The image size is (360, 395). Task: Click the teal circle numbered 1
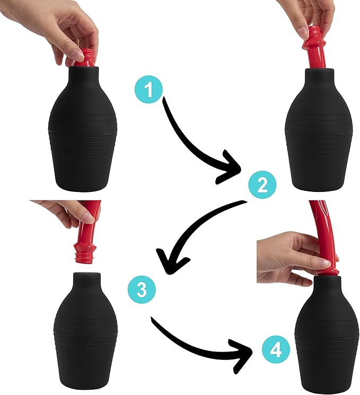[148, 90]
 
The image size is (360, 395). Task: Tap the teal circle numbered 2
[262, 185]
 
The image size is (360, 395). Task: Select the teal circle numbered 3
[142, 289]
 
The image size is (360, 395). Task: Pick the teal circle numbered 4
[276, 349]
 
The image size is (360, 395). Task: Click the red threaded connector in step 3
[85, 253]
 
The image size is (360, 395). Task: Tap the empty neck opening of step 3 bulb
[87, 274]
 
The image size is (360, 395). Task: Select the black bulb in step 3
[86, 332]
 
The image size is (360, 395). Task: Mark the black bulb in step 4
[328, 335]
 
